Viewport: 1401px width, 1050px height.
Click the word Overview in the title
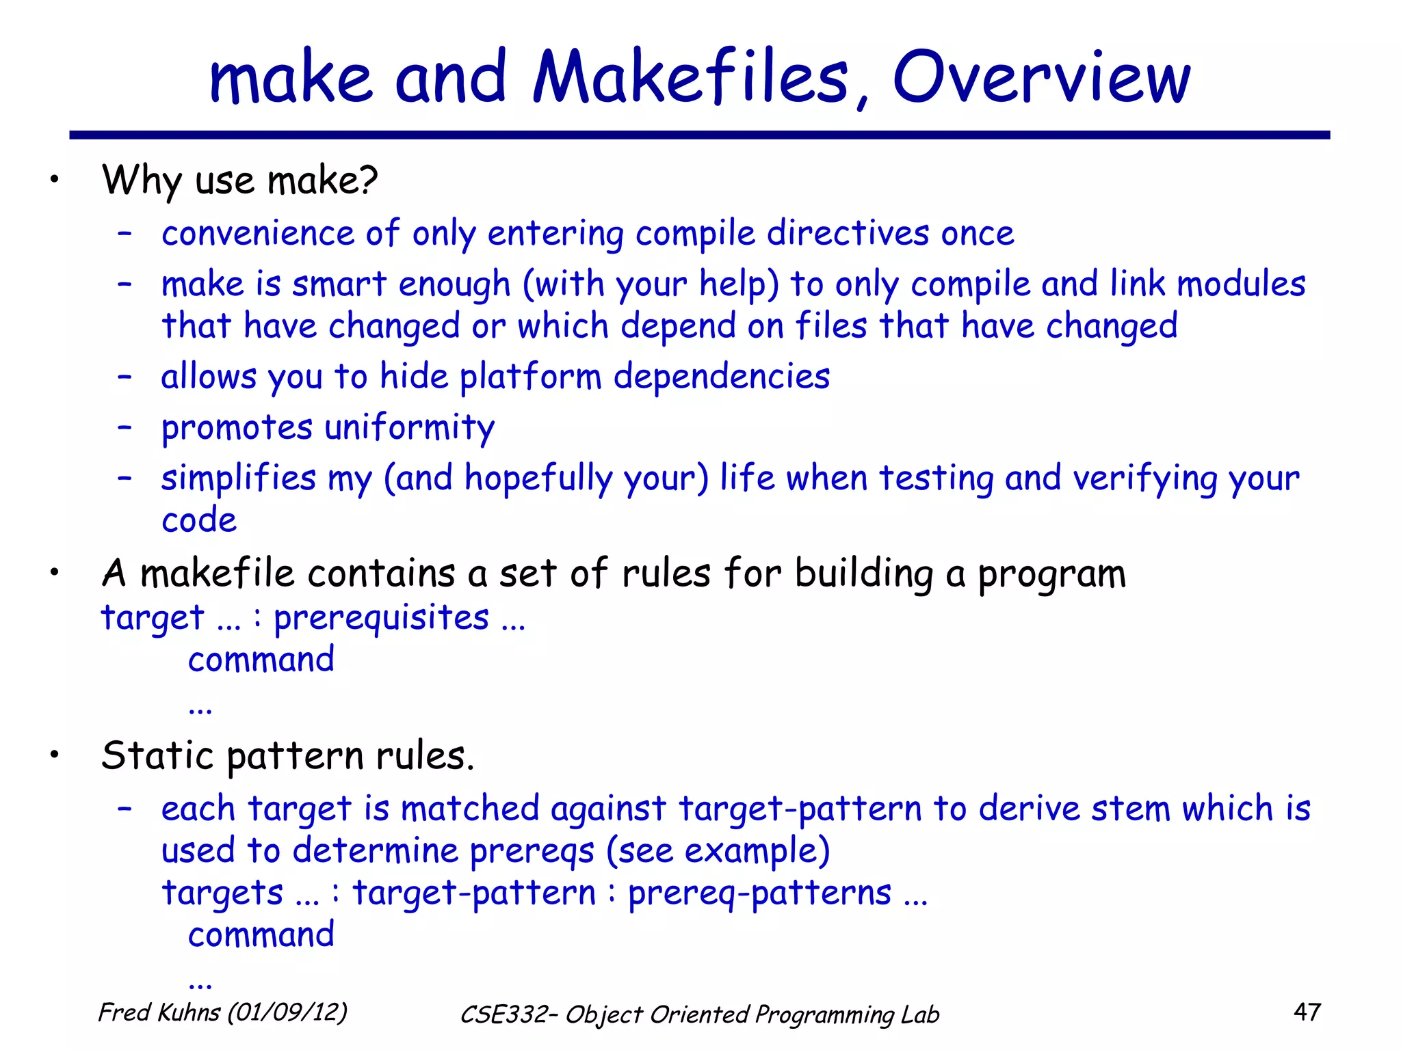(1041, 78)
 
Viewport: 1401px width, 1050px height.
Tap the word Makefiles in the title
(691, 78)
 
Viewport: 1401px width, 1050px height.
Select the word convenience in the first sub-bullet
(258, 234)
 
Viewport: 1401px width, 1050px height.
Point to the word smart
(339, 284)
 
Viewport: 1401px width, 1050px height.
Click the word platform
(530, 377)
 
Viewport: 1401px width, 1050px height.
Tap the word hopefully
(538, 479)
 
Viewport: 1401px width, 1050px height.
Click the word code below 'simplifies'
(199, 521)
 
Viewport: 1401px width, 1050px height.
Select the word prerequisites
(382, 619)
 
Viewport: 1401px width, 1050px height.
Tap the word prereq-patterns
(759, 893)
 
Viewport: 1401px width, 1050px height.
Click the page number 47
(1307, 1012)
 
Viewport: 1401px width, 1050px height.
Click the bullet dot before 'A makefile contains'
(55, 573)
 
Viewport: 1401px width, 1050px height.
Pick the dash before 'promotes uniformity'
(125, 428)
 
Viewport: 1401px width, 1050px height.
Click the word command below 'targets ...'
(261, 935)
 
